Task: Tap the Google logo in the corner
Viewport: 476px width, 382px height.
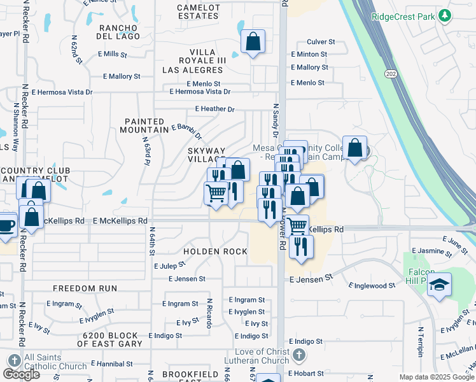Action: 21,374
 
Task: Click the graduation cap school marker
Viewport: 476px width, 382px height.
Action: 439,285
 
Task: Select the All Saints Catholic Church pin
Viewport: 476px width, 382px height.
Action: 11,361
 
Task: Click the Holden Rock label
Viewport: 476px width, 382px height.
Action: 215,251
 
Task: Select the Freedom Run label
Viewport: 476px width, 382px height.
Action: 85,288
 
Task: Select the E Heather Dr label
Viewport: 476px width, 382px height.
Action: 215,109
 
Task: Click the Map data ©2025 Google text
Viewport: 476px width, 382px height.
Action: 436,377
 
